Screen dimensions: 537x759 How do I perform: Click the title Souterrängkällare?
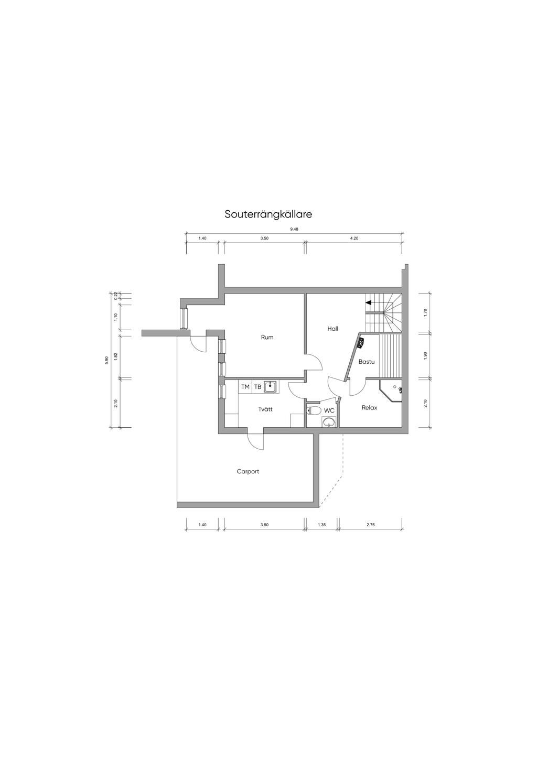tap(268, 214)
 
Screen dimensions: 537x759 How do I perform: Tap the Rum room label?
tap(267, 337)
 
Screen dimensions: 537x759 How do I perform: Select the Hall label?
tap(332, 328)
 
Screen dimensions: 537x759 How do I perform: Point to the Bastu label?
tap(367, 362)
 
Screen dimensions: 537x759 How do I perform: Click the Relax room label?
tap(369, 408)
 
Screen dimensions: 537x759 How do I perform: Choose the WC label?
tap(329, 410)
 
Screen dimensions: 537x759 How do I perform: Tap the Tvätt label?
tap(265, 409)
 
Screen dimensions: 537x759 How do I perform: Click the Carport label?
tap(248, 471)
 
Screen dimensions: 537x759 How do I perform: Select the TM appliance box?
tap(245, 387)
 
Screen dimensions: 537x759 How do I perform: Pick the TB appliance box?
tap(257, 387)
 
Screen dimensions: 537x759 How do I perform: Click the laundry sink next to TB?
tap(270, 387)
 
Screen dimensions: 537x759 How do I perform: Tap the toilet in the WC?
tap(314, 410)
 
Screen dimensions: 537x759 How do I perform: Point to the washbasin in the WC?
tap(329, 422)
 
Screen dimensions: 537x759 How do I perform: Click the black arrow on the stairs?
tap(369, 302)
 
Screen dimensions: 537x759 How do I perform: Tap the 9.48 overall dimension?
tap(294, 229)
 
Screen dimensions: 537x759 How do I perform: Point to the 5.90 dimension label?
tap(106, 360)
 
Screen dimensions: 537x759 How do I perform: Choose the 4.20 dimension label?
tap(354, 238)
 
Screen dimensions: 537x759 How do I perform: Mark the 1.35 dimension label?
tap(321, 525)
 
